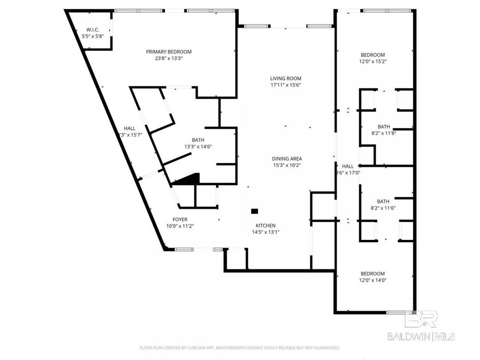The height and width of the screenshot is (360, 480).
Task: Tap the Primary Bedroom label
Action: (169, 52)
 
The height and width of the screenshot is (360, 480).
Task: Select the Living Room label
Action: (287, 78)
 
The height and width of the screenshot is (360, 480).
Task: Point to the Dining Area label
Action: (287, 158)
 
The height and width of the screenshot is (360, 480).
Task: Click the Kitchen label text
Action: (265, 225)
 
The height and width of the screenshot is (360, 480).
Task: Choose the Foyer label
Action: (179, 219)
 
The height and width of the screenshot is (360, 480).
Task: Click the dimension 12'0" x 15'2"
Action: (373, 61)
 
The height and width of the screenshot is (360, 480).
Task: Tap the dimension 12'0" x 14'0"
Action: (373, 280)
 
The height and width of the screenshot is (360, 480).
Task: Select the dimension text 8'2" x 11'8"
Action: (383, 133)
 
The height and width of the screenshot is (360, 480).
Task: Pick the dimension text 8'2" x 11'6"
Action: (383, 208)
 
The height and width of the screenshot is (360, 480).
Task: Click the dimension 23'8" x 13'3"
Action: (169, 59)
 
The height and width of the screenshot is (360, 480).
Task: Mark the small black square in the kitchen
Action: (254, 211)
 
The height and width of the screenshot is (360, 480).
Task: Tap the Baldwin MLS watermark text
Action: (421, 336)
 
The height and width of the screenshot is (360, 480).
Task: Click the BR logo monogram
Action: (421, 319)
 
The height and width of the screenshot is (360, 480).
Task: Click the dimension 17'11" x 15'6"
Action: (287, 85)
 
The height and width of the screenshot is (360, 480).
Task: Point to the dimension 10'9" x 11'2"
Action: (179, 226)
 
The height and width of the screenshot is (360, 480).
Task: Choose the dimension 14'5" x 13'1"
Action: (265, 232)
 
